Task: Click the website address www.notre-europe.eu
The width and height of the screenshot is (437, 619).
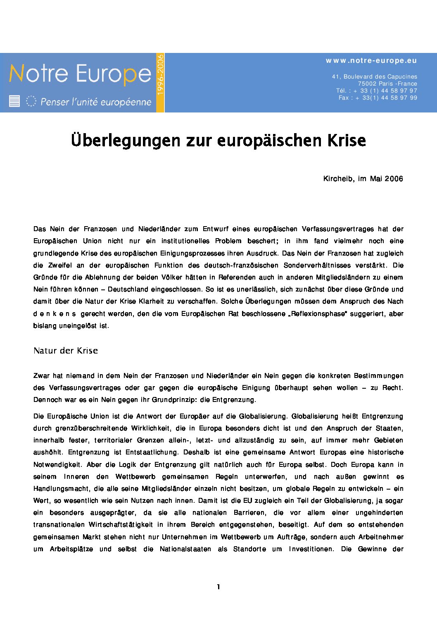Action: (371, 61)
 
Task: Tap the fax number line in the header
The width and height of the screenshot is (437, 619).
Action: (378, 98)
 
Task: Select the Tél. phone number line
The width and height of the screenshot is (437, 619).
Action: (376, 91)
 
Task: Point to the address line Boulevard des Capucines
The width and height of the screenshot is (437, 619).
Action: (374, 77)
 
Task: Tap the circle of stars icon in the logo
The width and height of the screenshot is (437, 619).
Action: (31, 101)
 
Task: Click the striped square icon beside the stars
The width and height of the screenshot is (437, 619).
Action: (14, 101)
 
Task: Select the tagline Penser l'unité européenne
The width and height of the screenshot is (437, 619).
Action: (96, 102)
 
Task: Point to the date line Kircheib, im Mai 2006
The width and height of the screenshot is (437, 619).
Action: (363, 179)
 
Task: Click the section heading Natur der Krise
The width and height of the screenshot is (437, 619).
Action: (66, 351)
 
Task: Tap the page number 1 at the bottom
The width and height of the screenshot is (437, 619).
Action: (218, 587)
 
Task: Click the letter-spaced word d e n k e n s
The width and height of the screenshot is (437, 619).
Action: (55, 314)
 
